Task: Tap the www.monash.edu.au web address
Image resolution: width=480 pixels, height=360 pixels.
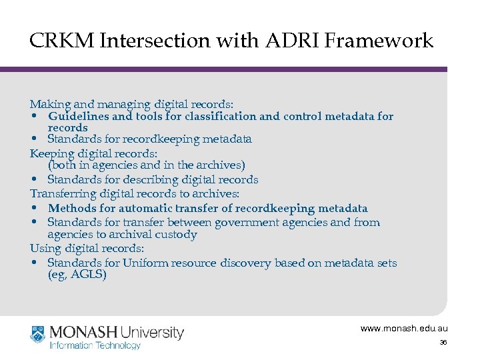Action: tap(404, 329)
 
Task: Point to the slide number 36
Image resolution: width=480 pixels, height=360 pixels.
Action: tap(443, 343)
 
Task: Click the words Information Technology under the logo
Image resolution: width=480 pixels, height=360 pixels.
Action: tap(96, 345)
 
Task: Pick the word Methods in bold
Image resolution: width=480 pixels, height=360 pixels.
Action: tap(69, 209)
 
